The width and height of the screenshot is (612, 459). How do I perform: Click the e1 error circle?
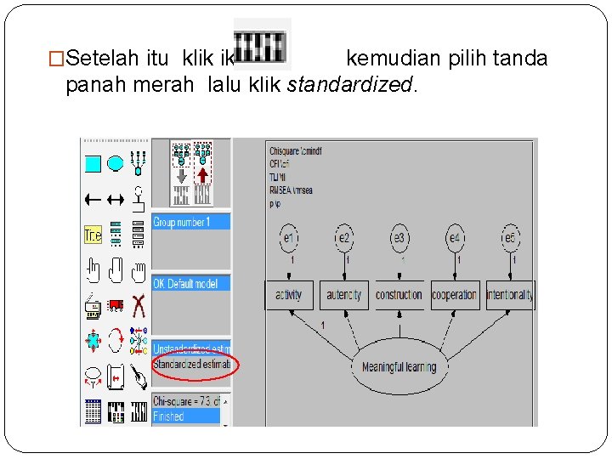[290, 239]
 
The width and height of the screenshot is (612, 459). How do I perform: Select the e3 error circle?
[399, 239]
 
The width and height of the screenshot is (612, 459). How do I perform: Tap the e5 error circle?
[510, 239]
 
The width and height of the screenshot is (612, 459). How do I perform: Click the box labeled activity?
[289, 295]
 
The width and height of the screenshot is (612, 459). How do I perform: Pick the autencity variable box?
[343, 295]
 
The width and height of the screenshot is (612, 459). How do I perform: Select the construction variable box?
[399, 295]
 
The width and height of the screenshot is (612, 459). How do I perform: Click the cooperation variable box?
[454, 295]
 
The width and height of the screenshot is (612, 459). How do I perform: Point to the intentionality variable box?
[509, 295]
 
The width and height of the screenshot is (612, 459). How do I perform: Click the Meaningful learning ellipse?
[399, 367]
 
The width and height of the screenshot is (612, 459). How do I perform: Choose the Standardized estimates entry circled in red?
[191, 364]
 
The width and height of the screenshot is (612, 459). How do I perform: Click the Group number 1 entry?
[190, 222]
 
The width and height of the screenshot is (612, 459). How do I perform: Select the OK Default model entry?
[190, 283]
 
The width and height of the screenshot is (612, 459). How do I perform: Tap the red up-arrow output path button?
[202, 174]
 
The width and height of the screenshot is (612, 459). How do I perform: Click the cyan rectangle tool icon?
[93, 163]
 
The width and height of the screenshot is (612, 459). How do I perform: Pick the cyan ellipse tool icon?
[116, 163]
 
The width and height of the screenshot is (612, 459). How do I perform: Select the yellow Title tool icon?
[93, 235]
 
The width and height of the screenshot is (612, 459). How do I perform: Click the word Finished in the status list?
[168, 416]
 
